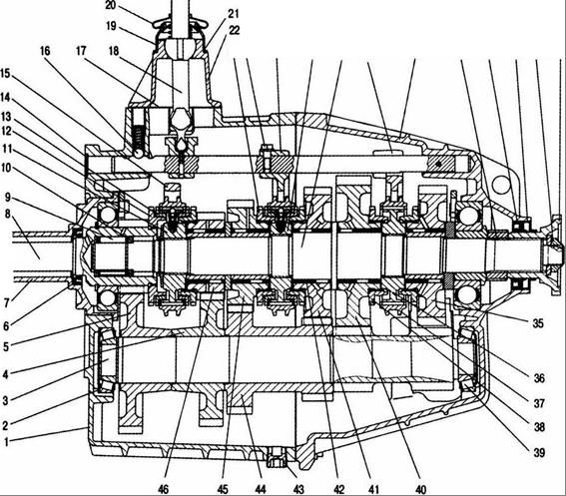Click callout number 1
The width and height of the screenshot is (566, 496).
(x=6, y=441)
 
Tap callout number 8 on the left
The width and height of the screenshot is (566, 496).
(x=7, y=214)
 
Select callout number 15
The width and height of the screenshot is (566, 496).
(x=6, y=74)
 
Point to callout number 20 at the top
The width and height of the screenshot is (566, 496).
(x=111, y=5)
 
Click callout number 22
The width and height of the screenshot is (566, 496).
(x=234, y=30)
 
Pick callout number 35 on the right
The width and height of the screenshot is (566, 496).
(x=538, y=323)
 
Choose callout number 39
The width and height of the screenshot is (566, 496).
(x=539, y=452)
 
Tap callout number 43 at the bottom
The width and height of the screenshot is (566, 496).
(x=298, y=489)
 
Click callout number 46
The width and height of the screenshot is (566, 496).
(x=163, y=489)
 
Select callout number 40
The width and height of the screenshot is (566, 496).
(x=421, y=489)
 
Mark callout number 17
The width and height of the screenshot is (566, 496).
(x=81, y=51)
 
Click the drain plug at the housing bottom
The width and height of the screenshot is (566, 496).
(x=277, y=457)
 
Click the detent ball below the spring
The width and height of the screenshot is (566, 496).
(x=138, y=153)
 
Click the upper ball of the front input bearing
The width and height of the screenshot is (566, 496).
(x=108, y=215)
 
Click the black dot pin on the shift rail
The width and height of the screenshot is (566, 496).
(x=438, y=164)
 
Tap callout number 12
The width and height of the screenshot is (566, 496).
(x=7, y=131)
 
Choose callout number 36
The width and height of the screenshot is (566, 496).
(x=539, y=378)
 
